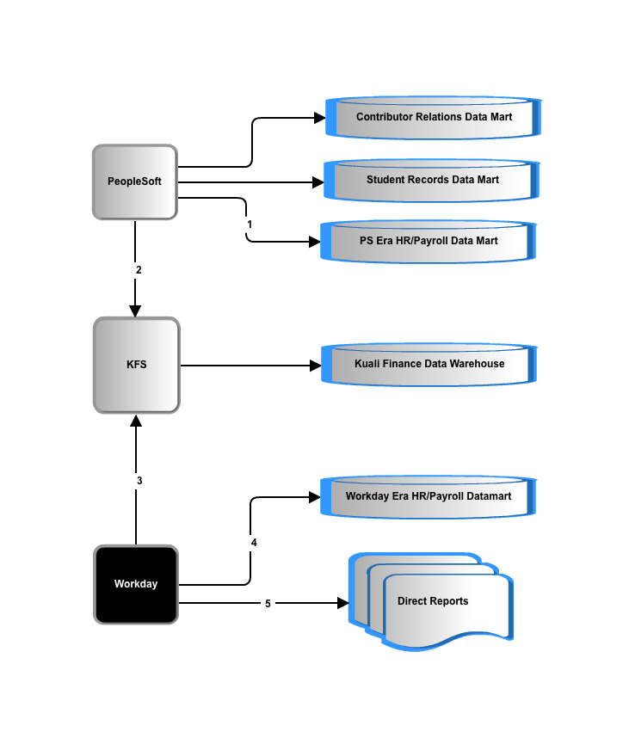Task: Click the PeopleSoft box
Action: point(134,182)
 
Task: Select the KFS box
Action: point(137,366)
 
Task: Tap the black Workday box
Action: point(136,585)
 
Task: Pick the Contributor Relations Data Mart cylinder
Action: point(434,118)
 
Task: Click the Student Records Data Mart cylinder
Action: point(432,181)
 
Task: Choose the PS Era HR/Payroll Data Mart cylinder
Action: point(429,242)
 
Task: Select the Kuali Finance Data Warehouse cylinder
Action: point(429,365)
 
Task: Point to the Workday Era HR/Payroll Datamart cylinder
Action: point(429,497)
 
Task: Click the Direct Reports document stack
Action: point(431,602)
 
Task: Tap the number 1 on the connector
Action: point(250,224)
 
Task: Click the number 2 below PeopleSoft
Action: point(139,270)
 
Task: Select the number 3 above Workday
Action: point(139,481)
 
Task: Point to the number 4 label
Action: point(254,543)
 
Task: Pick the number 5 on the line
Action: point(268,604)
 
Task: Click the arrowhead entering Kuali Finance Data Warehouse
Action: point(316,366)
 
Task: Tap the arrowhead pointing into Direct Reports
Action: point(343,603)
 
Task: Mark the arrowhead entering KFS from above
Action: point(135,311)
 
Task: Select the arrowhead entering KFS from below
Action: point(136,421)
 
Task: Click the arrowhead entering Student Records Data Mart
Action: point(318,182)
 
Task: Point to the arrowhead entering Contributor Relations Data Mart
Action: point(320,118)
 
